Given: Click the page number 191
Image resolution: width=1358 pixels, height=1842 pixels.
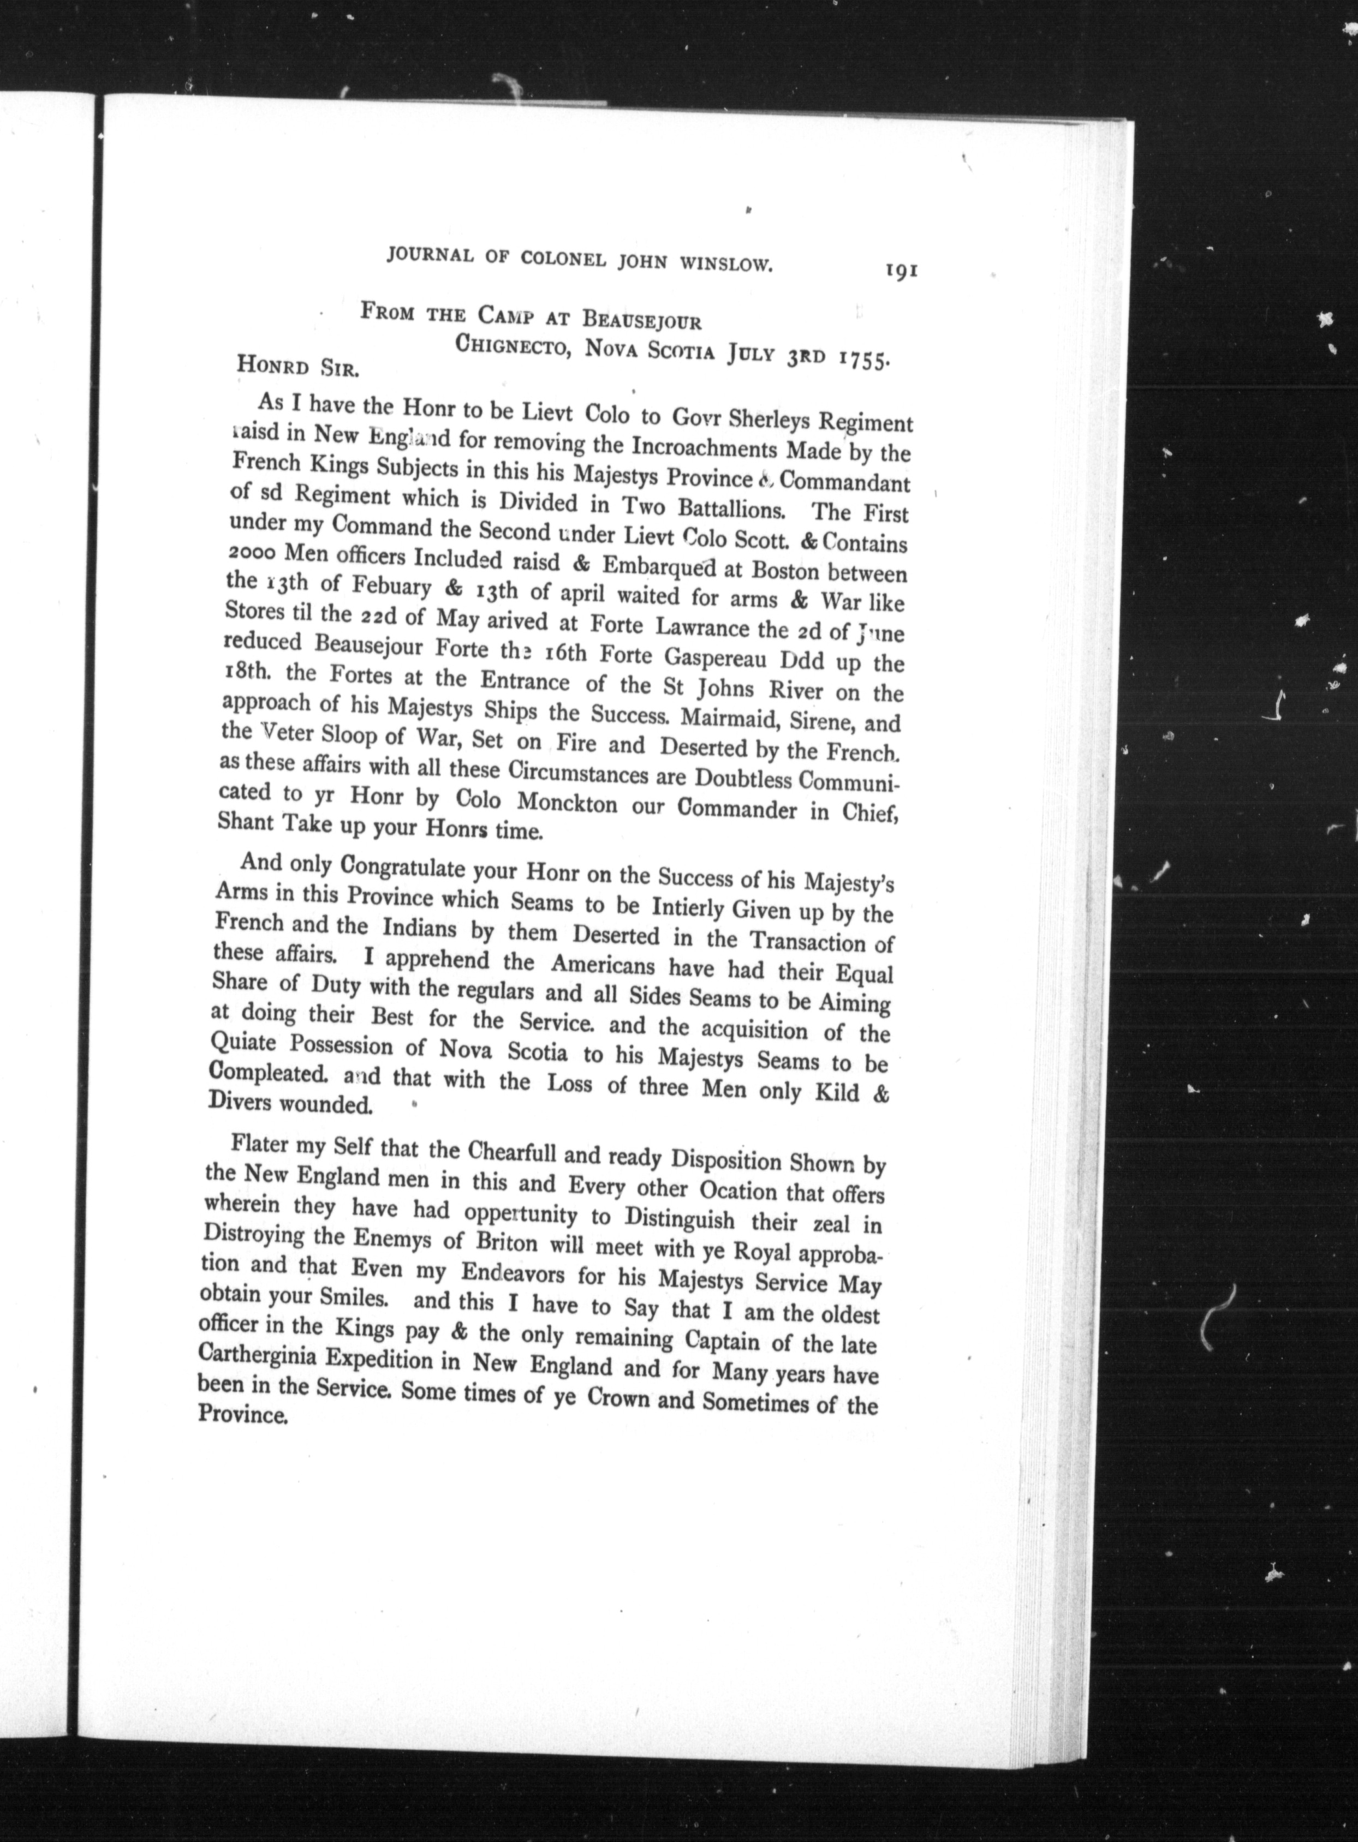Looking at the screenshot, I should pos(901,272).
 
